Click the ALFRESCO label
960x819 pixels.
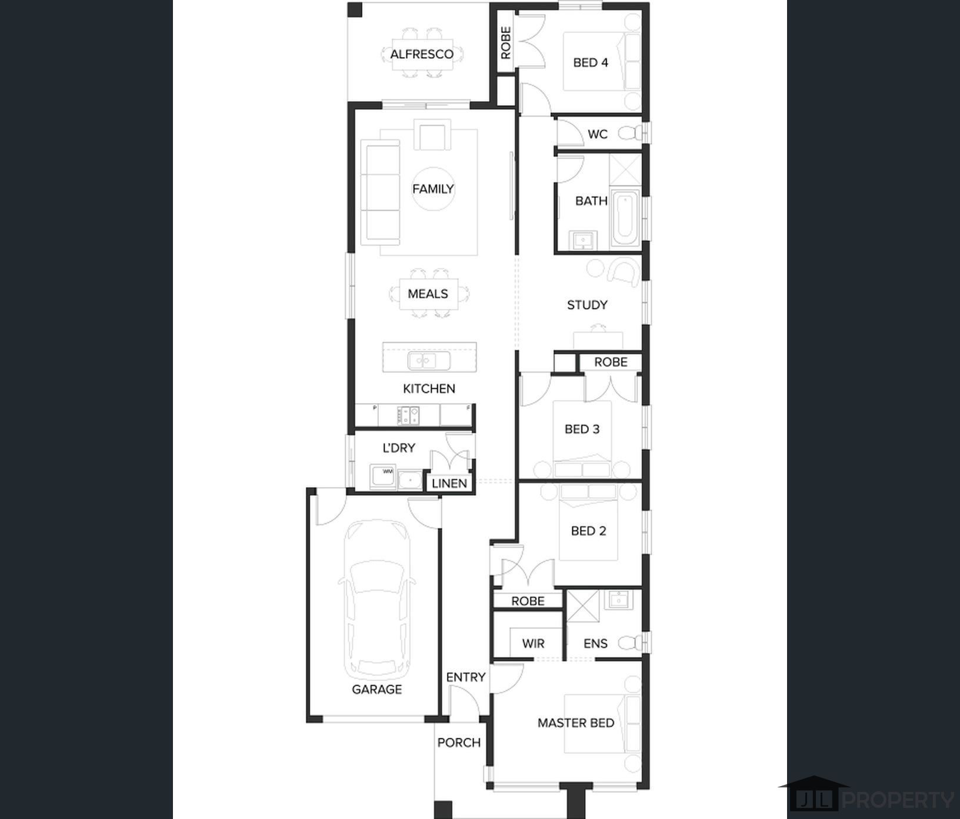[422, 54]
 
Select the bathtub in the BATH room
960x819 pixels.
[625, 218]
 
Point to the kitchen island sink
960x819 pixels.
[429, 360]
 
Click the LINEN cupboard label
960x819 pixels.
[449, 484]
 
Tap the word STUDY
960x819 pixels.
[587, 305]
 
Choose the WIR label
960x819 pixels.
[533, 644]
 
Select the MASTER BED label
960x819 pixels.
[576, 723]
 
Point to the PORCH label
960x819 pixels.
[459, 743]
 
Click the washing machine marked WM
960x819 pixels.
[382, 477]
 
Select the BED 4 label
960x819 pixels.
[591, 62]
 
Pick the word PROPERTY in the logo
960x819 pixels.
[898, 800]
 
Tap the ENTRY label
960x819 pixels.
[465, 677]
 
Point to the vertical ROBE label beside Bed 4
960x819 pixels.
[505, 42]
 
